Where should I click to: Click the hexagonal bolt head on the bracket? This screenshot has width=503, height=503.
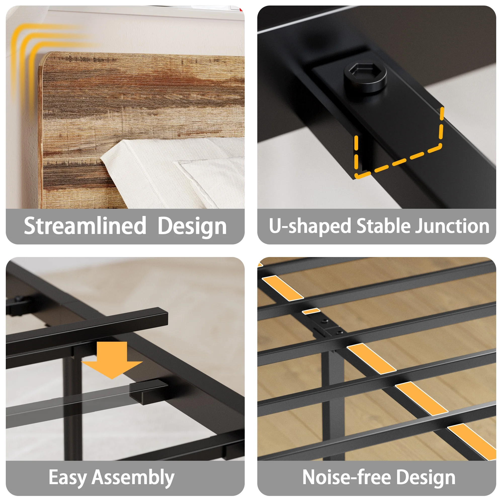pyautogui.click(x=365, y=77)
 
